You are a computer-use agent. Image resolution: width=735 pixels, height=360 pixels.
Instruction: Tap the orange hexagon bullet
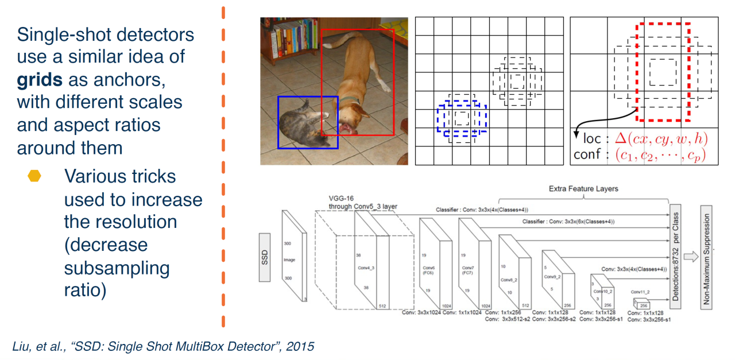pos(36,176)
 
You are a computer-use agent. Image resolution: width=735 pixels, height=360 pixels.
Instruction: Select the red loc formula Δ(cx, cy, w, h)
pos(660,139)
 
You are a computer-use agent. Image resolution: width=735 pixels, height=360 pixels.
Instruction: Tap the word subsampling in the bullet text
pos(117,268)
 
